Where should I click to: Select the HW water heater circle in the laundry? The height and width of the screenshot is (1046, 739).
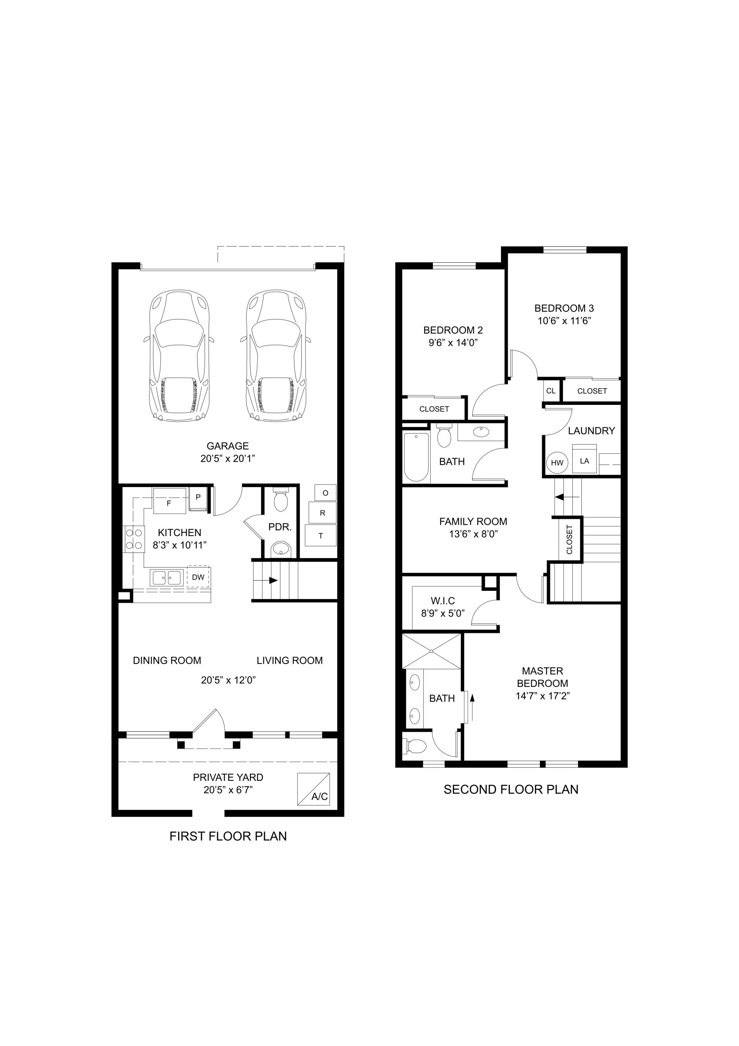[x=557, y=463]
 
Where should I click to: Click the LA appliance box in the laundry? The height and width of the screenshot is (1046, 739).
[x=585, y=459]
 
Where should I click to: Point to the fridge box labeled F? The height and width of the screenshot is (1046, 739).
[x=169, y=501]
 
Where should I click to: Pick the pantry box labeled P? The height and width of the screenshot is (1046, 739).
[x=198, y=498]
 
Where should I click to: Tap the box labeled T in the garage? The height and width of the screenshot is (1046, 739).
[x=321, y=536]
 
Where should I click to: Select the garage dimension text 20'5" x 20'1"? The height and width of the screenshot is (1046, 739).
[x=228, y=459]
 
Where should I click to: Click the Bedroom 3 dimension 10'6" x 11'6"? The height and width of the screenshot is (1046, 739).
[x=564, y=321]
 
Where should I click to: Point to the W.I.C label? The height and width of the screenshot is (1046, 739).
[x=443, y=601]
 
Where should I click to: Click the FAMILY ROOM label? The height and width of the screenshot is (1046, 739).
[x=473, y=522]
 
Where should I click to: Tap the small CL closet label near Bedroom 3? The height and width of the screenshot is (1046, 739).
[x=551, y=391]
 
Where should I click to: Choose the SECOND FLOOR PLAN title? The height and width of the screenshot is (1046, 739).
[x=511, y=789]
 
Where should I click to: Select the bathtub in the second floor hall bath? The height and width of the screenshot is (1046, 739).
[x=416, y=457]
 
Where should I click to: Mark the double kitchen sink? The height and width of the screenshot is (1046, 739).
[x=167, y=578]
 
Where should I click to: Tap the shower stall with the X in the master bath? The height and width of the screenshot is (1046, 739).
[x=432, y=652]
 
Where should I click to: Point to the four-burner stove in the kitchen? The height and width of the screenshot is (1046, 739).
[x=134, y=539]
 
